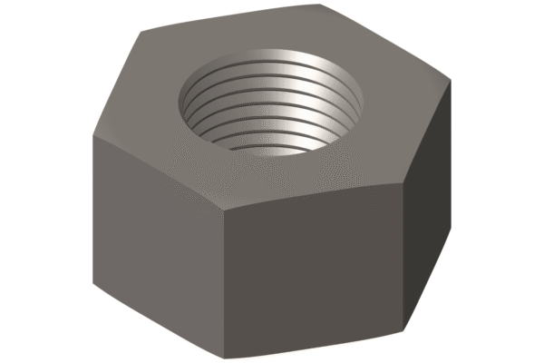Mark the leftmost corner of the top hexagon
coord(92,135)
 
